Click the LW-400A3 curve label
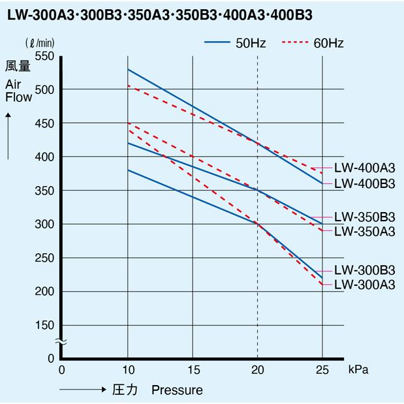[364, 167]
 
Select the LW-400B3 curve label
[364, 183]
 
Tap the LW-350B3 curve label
[364, 217]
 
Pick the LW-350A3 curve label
[364, 231]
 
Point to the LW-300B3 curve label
[364, 270]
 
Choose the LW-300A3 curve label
[364, 285]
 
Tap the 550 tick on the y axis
[44, 56]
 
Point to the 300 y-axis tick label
[44, 224]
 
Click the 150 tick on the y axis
[44, 325]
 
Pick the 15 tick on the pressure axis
[193, 370]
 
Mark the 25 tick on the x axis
[322, 370]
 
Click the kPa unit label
[359, 370]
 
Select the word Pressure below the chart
[177, 390]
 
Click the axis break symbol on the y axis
[60, 341]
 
